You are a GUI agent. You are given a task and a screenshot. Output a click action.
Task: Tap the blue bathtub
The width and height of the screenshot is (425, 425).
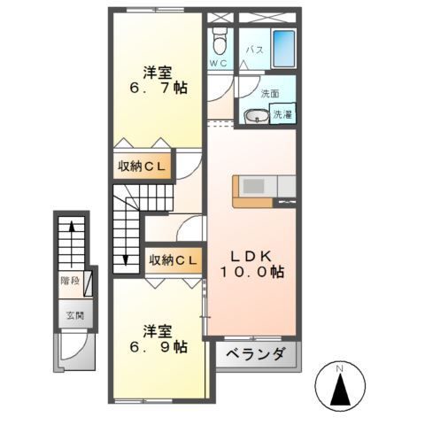(x=282, y=44)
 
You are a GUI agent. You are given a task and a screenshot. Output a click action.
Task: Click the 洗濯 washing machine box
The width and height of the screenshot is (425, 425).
(x=282, y=114)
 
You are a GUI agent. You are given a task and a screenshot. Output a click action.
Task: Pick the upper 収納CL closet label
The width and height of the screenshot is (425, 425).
(x=143, y=166)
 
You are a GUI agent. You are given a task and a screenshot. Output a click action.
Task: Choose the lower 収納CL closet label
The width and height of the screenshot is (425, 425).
(x=173, y=259)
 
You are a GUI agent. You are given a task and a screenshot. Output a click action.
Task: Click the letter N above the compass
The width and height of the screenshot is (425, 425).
(x=340, y=366)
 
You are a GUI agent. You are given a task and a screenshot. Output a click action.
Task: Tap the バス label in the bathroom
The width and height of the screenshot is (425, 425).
(x=253, y=50)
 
